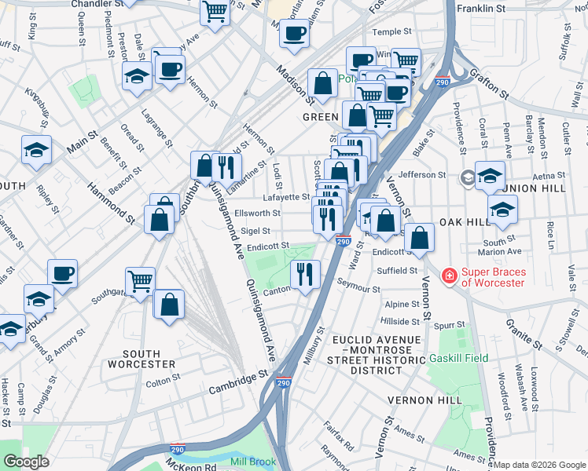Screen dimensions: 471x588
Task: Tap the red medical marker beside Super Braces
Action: (450, 276)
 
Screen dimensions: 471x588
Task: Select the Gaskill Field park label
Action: (458, 358)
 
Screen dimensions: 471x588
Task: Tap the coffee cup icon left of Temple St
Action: (295, 34)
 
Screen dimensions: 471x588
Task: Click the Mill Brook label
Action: (253, 462)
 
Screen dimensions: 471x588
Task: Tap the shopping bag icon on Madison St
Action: (322, 82)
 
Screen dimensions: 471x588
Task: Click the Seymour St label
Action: (359, 289)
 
